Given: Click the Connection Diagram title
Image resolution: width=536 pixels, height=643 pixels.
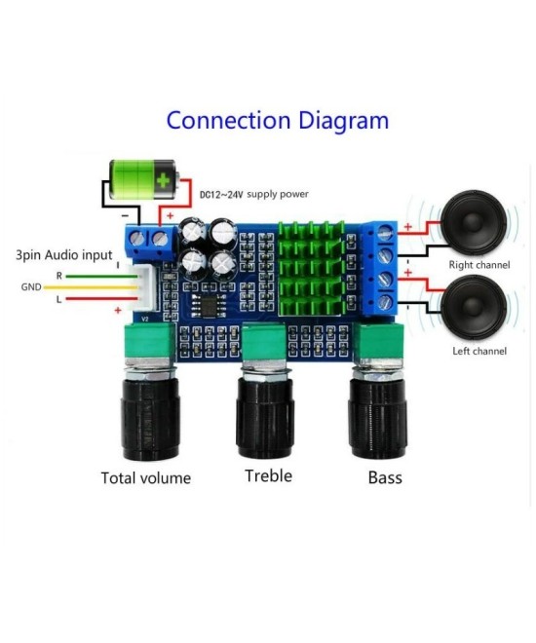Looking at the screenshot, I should [277, 120].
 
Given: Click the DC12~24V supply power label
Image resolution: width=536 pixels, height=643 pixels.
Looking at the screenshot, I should [253, 194].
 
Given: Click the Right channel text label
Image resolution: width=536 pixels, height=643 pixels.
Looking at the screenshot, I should [479, 265].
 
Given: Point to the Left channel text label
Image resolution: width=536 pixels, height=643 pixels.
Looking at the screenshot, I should [479, 351].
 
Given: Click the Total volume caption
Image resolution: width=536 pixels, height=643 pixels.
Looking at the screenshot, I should [146, 477].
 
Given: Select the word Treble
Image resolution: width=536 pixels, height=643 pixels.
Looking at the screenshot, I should [268, 475].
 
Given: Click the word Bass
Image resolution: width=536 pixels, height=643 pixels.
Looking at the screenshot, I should [385, 477].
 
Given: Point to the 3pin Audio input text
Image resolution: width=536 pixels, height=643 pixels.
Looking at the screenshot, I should [63, 254].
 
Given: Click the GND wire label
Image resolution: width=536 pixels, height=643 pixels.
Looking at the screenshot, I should [31, 287].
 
